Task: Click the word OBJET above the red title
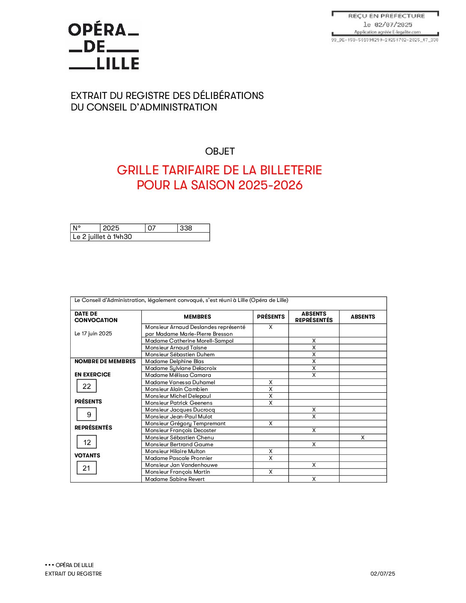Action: point(220,151)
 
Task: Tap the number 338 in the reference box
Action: point(186,228)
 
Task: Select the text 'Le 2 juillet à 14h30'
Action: point(102,237)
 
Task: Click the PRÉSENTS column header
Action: point(271,317)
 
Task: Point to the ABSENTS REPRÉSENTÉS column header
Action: point(314,317)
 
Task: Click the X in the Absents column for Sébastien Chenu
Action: point(363,438)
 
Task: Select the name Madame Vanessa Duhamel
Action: point(180,382)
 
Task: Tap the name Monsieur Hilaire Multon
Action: point(175,451)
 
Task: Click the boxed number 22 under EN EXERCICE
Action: point(87,386)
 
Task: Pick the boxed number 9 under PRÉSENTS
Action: point(89,415)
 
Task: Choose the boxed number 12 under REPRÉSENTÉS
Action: point(87,442)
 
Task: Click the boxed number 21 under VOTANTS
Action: point(87,468)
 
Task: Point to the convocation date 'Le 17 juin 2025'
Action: point(93,334)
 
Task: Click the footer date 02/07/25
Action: point(382,574)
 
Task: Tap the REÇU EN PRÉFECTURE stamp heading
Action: point(386,16)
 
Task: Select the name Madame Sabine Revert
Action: point(175,479)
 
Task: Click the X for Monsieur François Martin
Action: point(271,472)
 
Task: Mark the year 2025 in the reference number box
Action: point(111,228)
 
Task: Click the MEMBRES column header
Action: point(197,317)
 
